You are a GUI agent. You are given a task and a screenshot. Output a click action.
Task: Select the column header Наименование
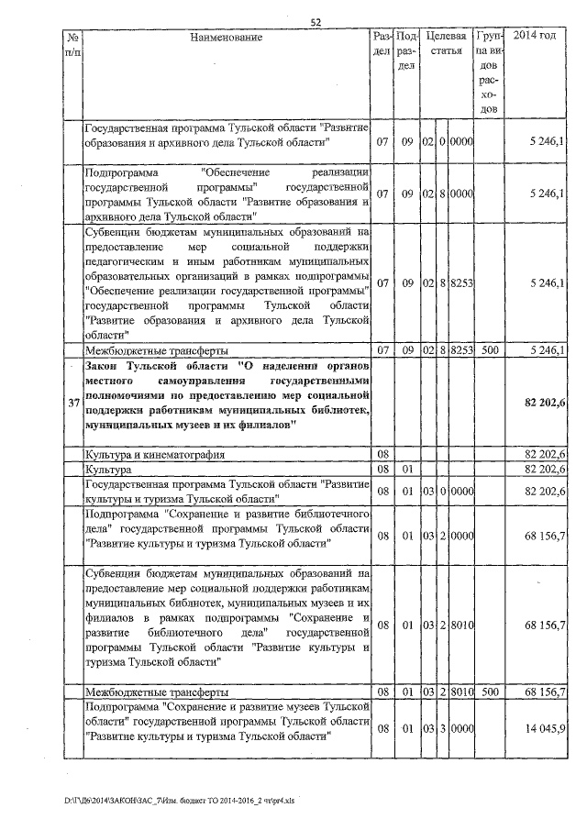[x=227, y=38]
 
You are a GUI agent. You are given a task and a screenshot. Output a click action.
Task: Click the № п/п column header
[x=72, y=44]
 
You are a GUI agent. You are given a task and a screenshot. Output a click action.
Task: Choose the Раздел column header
[x=382, y=43]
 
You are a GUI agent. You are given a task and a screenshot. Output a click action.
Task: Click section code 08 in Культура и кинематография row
[x=382, y=454]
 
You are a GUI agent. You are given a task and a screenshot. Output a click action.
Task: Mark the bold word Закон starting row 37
[x=105, y=366]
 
